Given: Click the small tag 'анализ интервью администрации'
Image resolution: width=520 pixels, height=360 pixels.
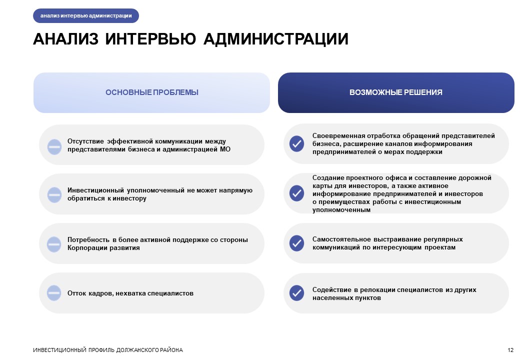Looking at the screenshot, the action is [86, 15].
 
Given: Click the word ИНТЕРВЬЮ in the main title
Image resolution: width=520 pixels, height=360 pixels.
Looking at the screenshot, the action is [150, 39].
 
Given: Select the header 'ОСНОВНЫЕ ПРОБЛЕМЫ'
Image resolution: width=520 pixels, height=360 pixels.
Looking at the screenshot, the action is [152, 92].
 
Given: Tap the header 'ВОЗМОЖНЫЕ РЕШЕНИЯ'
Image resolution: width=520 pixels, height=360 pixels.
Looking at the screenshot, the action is [396, 92].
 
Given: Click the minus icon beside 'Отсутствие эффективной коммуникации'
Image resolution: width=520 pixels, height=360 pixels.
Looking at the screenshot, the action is [54, 147].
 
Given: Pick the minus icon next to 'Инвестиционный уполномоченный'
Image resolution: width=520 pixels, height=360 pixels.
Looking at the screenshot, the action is [54, 194].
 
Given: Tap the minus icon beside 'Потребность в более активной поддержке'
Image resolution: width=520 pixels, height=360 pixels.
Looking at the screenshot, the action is [54, 244].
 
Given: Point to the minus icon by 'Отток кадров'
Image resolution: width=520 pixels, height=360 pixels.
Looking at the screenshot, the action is [54, 293].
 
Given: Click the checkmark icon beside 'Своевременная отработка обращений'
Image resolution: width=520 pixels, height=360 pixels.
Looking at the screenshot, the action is [297, 144].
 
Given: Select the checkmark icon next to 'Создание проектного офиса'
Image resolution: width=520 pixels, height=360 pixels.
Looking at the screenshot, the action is [297, 193].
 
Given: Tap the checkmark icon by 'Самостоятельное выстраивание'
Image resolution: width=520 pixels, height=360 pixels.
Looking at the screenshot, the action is [297, 243].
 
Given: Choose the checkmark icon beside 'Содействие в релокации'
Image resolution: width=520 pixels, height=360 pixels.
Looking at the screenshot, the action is [297, 293].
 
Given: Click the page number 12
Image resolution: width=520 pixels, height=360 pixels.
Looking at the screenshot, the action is [510, 350].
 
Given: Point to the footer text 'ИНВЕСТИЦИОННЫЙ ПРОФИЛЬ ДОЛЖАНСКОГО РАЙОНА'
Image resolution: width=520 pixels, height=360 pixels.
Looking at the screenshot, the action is [108, 350].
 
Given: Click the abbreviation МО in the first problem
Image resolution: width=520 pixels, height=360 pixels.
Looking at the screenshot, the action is [225, 149].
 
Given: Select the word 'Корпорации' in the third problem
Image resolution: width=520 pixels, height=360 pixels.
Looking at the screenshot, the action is [85, 248].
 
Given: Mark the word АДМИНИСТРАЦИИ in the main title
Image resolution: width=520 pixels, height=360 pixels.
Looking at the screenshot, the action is [276, 39].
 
